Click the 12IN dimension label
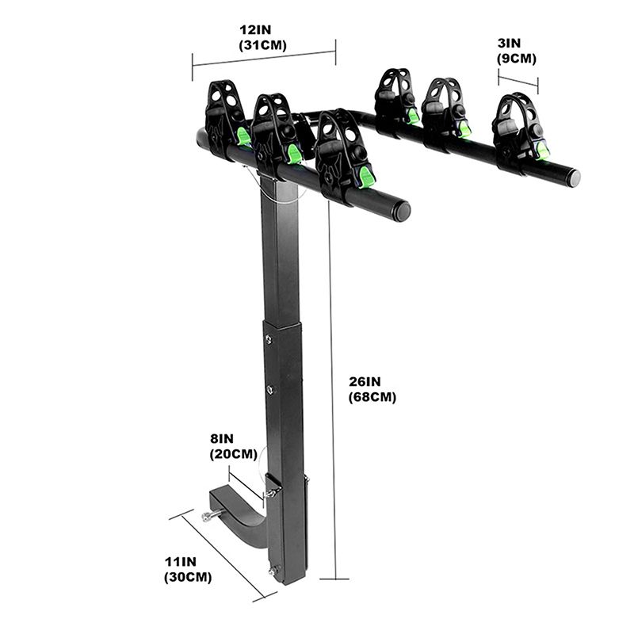point(255,30)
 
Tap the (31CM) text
point(262,45)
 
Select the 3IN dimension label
point(509,43)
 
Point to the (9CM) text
point(517,59)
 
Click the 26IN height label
point(365,381)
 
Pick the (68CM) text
point(372,397)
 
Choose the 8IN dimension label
point(222,439)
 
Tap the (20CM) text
point(233,454)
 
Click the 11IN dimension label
point(181,562)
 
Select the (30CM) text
point(188,577)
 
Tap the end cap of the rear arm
point(574,178)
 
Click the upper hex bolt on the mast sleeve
point(269,339)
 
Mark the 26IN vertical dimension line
point(332,390)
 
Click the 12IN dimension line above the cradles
point(264,59)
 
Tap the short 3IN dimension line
point(518,81)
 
